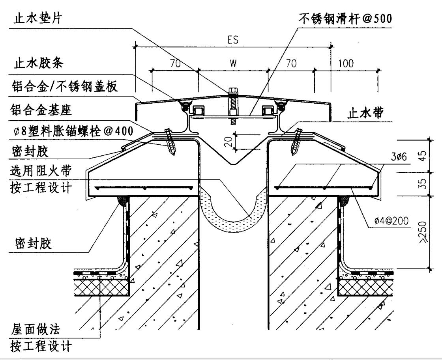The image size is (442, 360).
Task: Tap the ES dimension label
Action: tap(233, 41)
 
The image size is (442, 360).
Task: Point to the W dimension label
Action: tap(233, 63)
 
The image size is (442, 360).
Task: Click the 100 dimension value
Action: tap(346, 63)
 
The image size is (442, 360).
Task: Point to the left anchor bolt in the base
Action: tap(170, 142)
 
